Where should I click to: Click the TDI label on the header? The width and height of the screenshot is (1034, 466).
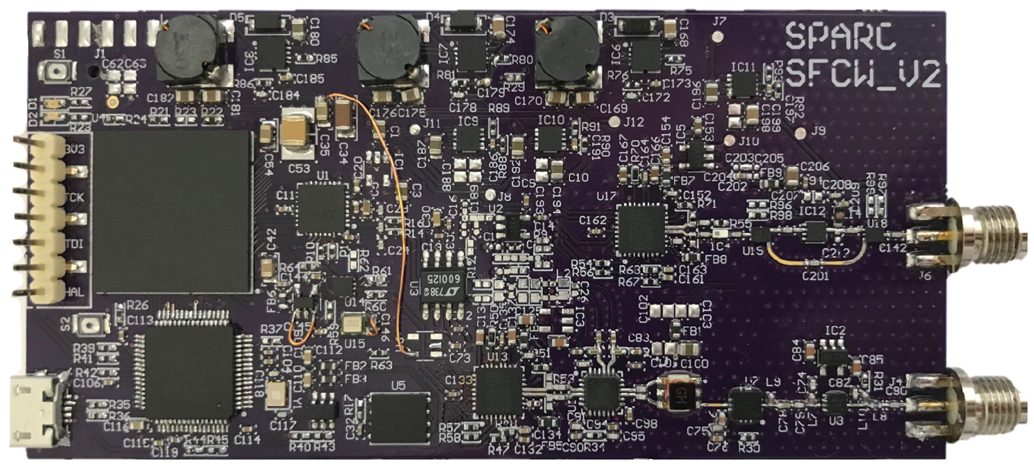pos(75,244)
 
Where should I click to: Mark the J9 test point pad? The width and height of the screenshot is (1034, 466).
pos(800,131)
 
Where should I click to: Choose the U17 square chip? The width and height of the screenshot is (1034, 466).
pos(641,228)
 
